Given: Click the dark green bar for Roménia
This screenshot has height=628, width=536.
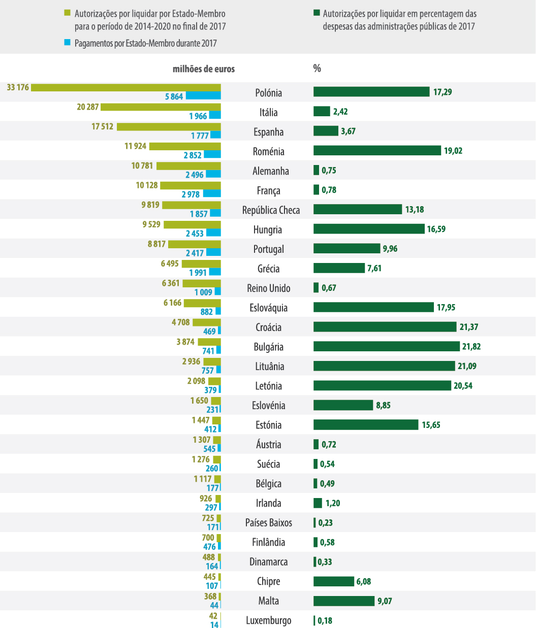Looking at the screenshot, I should (x=377, y=150).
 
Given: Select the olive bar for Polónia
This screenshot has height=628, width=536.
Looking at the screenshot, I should (x=126, y=87).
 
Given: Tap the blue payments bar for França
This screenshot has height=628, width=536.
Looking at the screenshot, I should (x=212, y=193).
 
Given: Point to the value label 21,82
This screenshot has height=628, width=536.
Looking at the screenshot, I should (x=470, y=346).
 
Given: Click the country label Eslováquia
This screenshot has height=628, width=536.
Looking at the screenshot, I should (x=268, y=308).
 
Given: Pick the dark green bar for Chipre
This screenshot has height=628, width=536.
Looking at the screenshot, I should (x=333, y=581).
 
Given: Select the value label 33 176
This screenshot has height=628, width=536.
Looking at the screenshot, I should (x=18, y=87).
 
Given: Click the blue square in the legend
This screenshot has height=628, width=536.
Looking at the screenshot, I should (x=67, y=43).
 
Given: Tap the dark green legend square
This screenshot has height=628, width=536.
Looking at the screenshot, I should (x=316, y=13).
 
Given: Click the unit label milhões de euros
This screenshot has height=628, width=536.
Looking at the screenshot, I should (x=204, y=69).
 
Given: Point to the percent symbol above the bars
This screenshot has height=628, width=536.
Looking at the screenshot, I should (x=317, y=69).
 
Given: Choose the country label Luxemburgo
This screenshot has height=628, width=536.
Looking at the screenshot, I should (x=268, y=620).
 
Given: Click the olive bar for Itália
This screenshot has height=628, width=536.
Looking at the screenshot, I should (x=161, y=107).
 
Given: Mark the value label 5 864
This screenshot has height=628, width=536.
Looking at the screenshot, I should (x=174, y=96).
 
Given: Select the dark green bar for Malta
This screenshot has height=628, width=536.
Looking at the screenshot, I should (x=343, y=601).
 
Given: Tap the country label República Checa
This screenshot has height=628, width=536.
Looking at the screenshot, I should (x=271, y=210).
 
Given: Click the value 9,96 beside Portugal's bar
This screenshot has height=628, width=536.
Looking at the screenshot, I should (x=390, y=249).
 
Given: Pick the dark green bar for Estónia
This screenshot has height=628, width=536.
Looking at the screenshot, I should (x=366, y=424).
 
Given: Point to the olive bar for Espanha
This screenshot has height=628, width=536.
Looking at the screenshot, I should (x=169, y=127).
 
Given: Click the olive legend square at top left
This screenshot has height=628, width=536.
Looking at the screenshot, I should (x=67, y=13).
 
